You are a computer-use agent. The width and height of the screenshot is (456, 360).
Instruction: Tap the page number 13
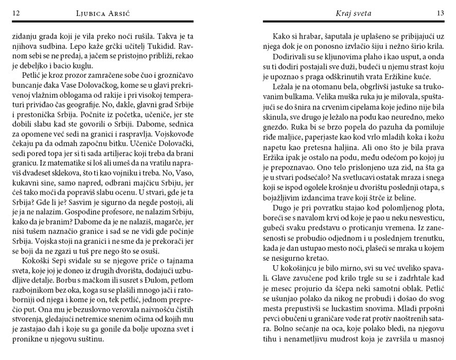[441, 13]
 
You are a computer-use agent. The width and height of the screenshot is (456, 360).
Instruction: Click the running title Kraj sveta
[353, 13]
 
